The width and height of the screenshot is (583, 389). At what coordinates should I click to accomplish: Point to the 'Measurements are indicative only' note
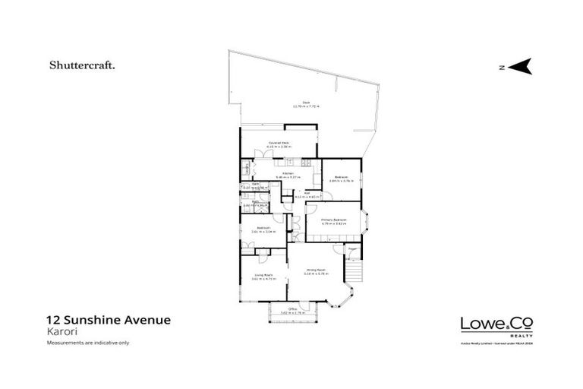88,343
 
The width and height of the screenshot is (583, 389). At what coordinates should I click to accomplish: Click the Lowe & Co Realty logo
496,324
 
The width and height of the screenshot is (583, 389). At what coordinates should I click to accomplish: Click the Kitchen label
288,174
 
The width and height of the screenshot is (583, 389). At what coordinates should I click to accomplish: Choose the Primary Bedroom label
333,220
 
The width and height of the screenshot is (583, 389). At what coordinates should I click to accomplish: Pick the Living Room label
262,277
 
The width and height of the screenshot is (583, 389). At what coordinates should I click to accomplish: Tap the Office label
291,308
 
